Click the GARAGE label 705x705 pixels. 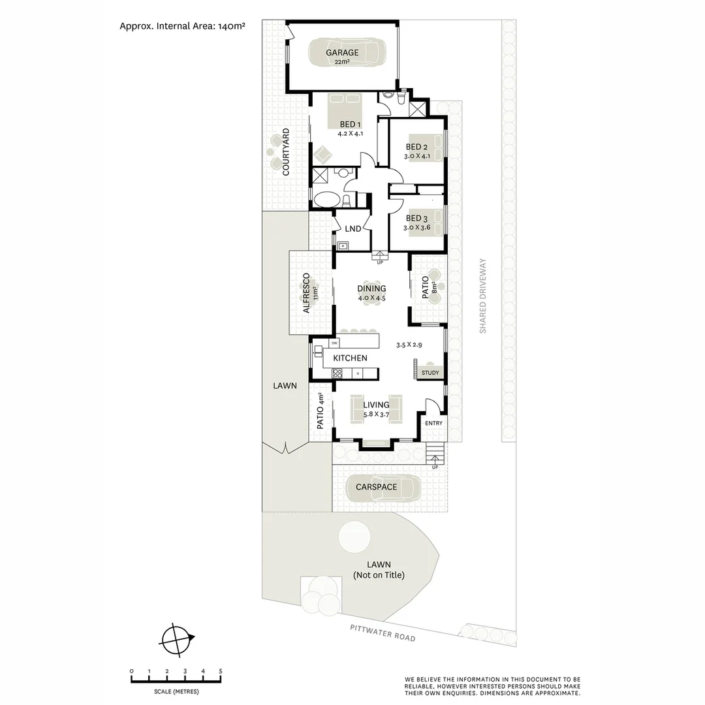[x=343, y=53]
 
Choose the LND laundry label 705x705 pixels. [x=353, y=228]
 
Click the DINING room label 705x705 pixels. [x=371, y=289]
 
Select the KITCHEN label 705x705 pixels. [x=350, y=358]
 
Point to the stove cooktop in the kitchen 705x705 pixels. [x=337, y=373]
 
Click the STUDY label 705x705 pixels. [x=430, y=373]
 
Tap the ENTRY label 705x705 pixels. [x=433, y=423]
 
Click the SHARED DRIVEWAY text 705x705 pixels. [x=483, y=296]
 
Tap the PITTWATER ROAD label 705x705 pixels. [x=382, y=633]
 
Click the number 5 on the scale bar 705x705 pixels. [x=221, y=671]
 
